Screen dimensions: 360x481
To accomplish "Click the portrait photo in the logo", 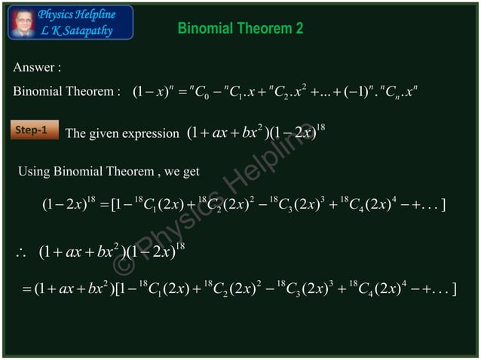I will coord(22,22).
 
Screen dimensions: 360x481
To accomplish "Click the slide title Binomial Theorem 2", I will coord(240,29).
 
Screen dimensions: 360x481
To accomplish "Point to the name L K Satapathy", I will coord(78,30).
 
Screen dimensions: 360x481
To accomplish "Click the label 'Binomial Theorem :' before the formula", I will coord(66,92).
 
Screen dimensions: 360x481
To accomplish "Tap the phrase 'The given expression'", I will coord(122,133).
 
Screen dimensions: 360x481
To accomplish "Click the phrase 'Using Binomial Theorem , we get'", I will coord(109,172).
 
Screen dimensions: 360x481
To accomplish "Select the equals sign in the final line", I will coord(17,289).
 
